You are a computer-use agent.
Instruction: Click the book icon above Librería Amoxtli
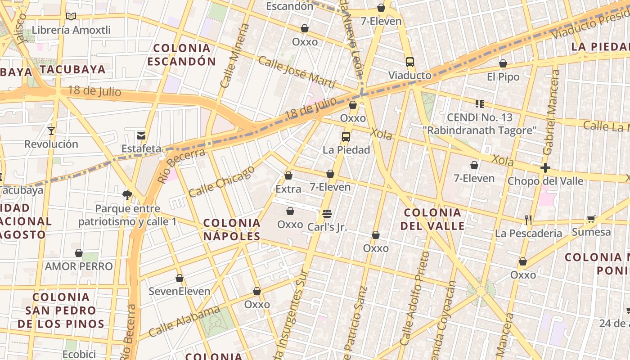coord(71,17)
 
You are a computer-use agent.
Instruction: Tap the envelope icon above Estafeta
coord(141,135)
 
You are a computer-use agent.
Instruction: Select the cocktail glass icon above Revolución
coord(51,131)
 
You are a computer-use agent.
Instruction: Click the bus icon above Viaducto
coord(409,62)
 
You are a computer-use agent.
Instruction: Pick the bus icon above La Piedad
coord(346,137)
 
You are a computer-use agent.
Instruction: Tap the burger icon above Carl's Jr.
coord(327,213)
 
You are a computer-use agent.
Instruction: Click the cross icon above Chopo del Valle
coord(545,168)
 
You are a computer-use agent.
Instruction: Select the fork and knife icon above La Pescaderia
coord(528,220)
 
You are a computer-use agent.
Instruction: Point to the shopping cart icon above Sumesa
coord(591,219)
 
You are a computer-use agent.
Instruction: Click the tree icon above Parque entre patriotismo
coord(127,195)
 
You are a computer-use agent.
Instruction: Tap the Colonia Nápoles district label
coord(232,229)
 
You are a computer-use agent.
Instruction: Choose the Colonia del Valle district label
coord(432,219)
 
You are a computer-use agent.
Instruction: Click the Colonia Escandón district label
coord(182,54)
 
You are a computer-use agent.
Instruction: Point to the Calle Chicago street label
coord(221,181)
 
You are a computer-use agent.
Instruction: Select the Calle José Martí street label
coord(297,72)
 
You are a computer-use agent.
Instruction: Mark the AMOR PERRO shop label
coord(79,266)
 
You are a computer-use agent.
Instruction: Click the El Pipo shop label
coord(503,77)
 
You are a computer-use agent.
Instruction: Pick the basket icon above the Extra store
coord(288,175)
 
